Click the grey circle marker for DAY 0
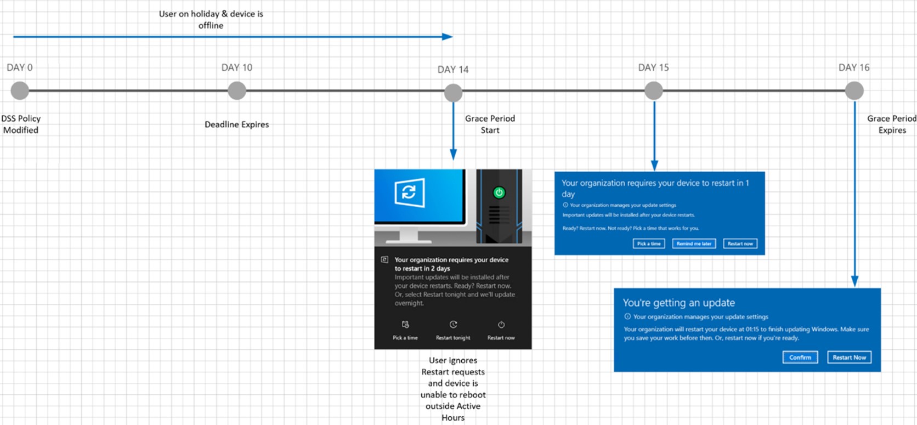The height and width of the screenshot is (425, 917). (20, 90)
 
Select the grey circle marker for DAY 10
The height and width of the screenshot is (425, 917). (237, 90)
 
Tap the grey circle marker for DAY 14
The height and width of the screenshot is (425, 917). (453, 93)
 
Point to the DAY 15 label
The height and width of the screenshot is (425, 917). (653, 67)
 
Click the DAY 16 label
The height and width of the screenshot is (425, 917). (854, 67)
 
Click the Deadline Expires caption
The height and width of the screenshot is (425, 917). (236, 124)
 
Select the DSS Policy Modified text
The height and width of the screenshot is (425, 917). (21, 124)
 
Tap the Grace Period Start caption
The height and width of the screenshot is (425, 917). (490, 124)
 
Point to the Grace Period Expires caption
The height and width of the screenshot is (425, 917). (891, 124)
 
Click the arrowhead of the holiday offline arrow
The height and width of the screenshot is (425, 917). (448, 37)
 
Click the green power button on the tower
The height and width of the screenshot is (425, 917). (499, 192)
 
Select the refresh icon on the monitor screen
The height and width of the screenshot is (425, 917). (409, 192)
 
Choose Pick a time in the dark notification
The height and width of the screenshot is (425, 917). (405, 330)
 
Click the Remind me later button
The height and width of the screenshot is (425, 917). (694, 243)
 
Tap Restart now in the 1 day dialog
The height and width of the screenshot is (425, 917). (740, 243)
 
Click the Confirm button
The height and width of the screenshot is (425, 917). (800, 358)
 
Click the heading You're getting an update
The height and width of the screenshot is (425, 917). (678, 303)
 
